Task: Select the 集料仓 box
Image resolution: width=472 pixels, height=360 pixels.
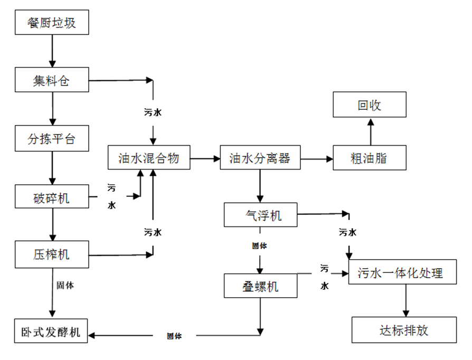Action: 51,81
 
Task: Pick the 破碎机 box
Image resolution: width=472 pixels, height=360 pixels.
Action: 51,197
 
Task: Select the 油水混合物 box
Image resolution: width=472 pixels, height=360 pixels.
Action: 149,157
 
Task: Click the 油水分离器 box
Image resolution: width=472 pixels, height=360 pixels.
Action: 260,157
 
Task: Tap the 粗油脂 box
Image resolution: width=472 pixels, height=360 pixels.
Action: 370,157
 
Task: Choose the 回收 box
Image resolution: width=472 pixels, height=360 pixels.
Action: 370,105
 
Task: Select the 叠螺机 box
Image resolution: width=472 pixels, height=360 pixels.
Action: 260,286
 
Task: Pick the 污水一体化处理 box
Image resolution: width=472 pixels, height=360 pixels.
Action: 403,272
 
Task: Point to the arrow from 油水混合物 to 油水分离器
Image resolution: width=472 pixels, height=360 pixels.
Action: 205,157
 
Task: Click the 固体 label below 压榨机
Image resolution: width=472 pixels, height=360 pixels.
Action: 65,286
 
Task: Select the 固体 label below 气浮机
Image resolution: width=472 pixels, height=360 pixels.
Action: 260,245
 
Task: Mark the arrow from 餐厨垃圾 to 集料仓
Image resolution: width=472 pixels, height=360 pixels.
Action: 51,51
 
